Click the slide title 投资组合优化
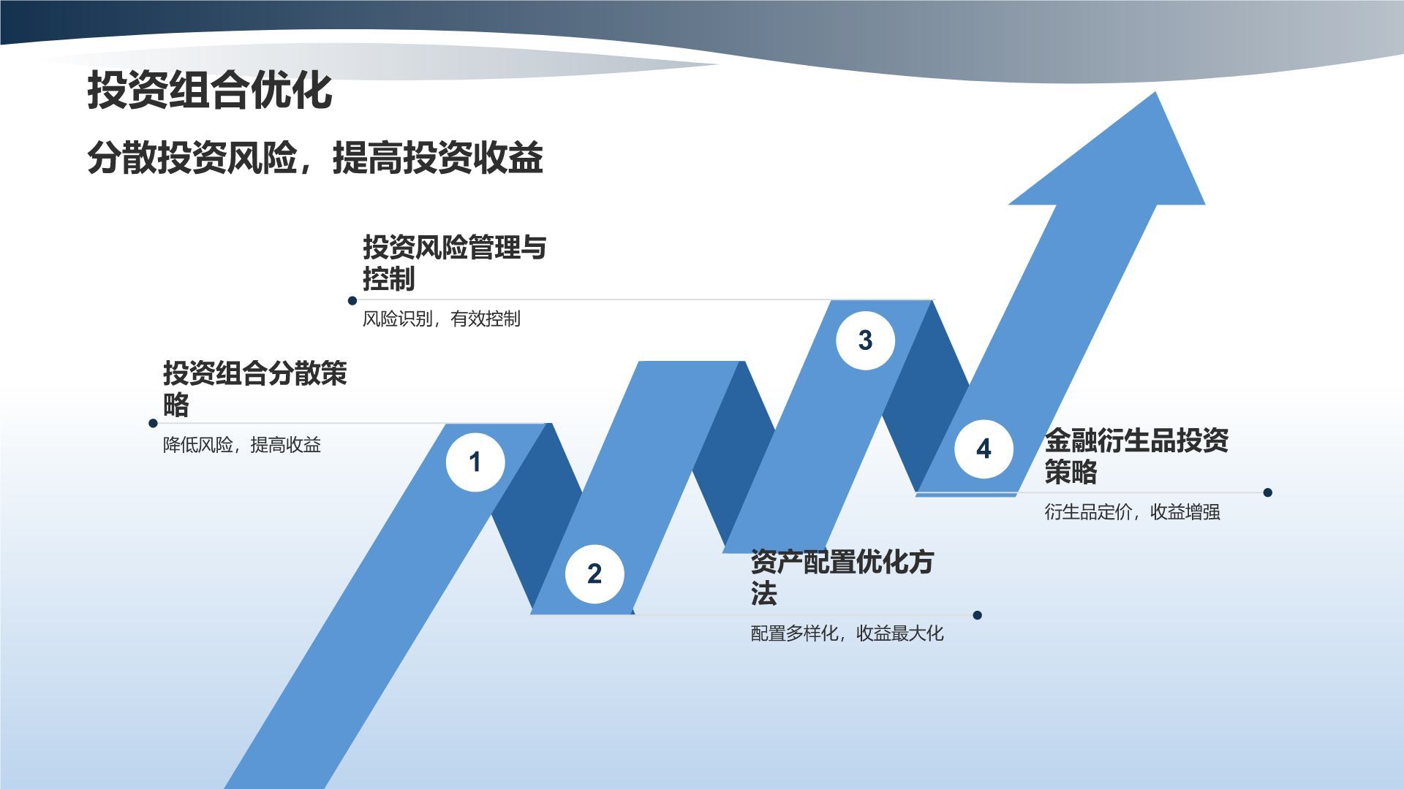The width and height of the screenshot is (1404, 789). coord(210,91)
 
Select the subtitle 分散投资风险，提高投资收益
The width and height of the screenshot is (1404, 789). coord(314,157)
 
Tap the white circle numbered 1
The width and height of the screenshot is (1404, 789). coord(475,462)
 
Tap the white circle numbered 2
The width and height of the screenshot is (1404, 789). coord(595,573)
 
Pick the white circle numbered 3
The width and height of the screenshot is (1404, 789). coord(865,340)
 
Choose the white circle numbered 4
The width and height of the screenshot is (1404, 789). coord(984,449)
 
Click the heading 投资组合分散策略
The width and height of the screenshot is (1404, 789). coord(254,388)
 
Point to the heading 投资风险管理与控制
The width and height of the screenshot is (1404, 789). coord(454,262)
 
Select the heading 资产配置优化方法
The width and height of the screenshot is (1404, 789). coord(842,576)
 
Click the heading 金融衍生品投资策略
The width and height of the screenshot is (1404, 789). coord(1136,455)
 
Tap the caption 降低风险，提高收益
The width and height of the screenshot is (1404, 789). coord(241,445)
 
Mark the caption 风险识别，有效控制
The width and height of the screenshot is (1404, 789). coord(441,319)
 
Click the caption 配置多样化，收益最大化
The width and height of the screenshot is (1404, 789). coord(847,633)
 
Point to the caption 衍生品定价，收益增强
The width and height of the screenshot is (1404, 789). coord(1132,511)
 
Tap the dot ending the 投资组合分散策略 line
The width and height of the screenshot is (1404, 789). coord(153,423)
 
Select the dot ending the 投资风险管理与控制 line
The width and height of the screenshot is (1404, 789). coord(352,300)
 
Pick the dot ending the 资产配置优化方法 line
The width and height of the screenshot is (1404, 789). coord(978,615)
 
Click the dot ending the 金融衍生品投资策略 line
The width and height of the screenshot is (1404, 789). coord(1267,492)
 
